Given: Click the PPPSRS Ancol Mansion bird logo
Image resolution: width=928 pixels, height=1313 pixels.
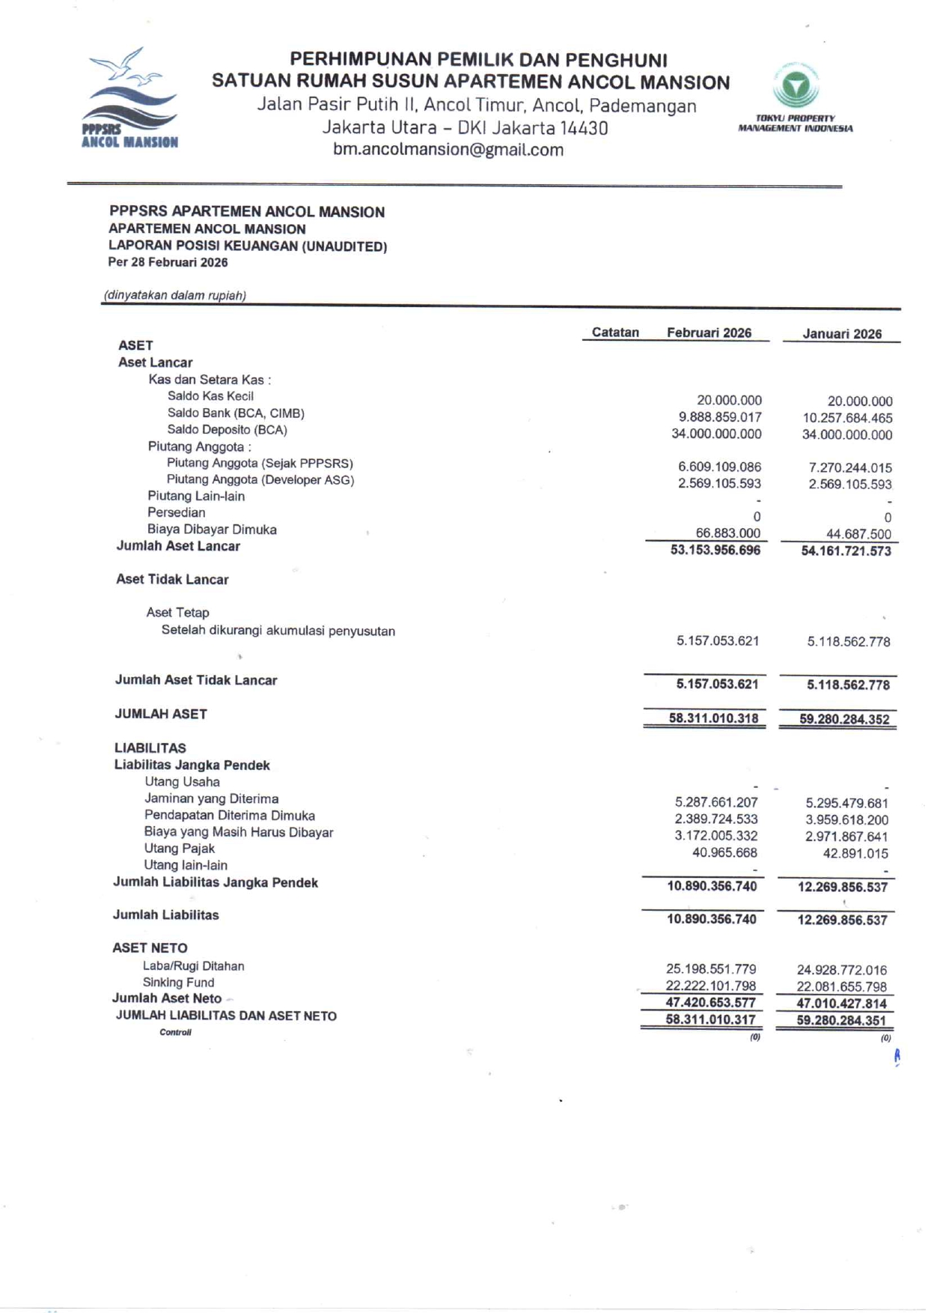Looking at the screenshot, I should [129, 98].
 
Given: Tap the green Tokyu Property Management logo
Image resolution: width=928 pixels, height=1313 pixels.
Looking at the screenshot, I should [796, 86].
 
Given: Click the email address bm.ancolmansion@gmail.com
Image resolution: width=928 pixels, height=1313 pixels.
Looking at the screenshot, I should [448, 150].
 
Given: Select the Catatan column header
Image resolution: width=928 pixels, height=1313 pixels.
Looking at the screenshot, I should [615, 333].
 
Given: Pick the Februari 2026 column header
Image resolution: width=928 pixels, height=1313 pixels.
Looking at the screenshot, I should [709, 333].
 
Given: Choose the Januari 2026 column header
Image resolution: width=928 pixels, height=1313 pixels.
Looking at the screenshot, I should [842, 334].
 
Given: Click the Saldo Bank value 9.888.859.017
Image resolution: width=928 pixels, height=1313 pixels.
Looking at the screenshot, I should [720, 417].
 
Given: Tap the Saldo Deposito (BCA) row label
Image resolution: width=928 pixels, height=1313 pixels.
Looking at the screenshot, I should [227, 430].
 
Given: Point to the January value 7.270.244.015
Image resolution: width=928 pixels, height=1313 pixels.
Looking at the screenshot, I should [849, 468].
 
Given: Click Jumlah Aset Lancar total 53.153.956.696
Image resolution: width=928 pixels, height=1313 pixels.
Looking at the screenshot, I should [715, 551].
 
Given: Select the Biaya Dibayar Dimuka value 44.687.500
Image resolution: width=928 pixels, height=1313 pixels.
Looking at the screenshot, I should [858, 534].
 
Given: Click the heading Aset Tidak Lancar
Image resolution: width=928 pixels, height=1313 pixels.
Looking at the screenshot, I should [172, 580].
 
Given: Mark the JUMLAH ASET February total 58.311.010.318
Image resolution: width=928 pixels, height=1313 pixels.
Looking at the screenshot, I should [713, 719].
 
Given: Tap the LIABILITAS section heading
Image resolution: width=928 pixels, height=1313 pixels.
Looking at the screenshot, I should [150, 748].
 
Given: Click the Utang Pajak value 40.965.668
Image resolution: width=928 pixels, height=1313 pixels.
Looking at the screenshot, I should [724, 853].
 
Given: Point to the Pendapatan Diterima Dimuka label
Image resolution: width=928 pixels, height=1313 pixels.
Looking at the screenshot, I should [229, 816].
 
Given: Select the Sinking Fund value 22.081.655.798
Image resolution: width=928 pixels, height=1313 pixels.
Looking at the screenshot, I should [841, 987].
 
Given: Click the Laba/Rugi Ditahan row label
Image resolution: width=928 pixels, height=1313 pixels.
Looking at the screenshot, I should [193, 966].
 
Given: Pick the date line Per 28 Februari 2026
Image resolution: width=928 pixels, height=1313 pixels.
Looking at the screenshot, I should [168, 263].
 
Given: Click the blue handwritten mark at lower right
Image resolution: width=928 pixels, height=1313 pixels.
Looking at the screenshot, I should [897, 1057].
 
